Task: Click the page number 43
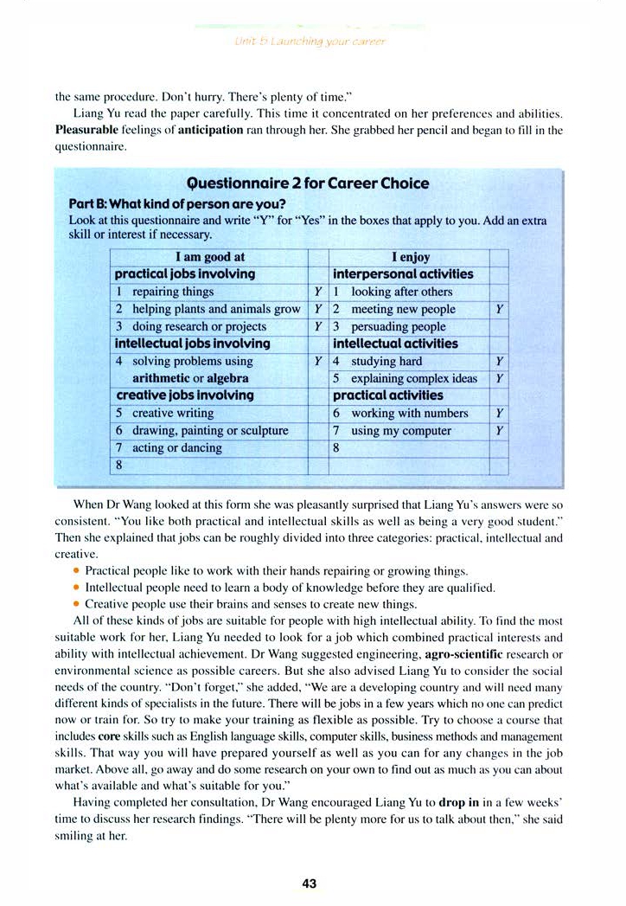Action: click(310, 884)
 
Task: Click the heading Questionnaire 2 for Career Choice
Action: click(308, 183)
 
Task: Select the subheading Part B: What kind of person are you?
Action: click(177, 203)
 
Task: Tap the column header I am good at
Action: click(210, 257)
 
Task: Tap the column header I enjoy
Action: click(410, 257)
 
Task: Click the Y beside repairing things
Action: click(318, 292)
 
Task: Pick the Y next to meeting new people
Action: click(499, 309)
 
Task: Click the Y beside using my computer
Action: click(499, 430)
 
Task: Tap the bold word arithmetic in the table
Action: click(162, 378)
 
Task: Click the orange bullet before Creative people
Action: click(77, 603)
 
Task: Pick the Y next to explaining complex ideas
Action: click(499, 378)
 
